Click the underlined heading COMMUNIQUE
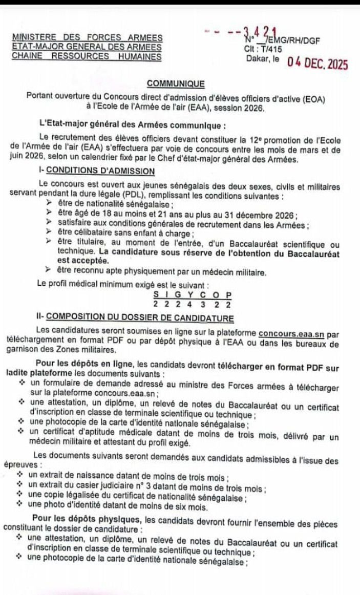[x=176, y=83]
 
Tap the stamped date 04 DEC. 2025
[x=317, y=64]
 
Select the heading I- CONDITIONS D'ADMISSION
[x=96, y=171]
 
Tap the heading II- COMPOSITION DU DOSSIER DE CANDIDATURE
[x=135, y=317]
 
